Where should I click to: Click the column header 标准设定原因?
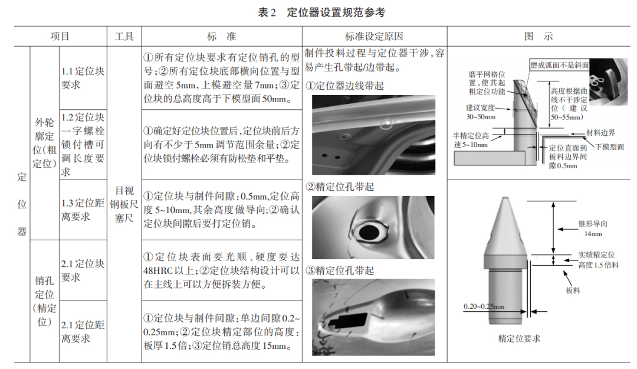[x=374, y=36]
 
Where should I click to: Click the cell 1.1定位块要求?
[x=83, y=78]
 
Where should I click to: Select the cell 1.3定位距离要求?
[x=83, y=209]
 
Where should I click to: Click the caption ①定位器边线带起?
[x=344, y=86]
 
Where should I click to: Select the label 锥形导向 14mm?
[x=593, y=228]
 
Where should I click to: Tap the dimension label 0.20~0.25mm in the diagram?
[x=484, y=306]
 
